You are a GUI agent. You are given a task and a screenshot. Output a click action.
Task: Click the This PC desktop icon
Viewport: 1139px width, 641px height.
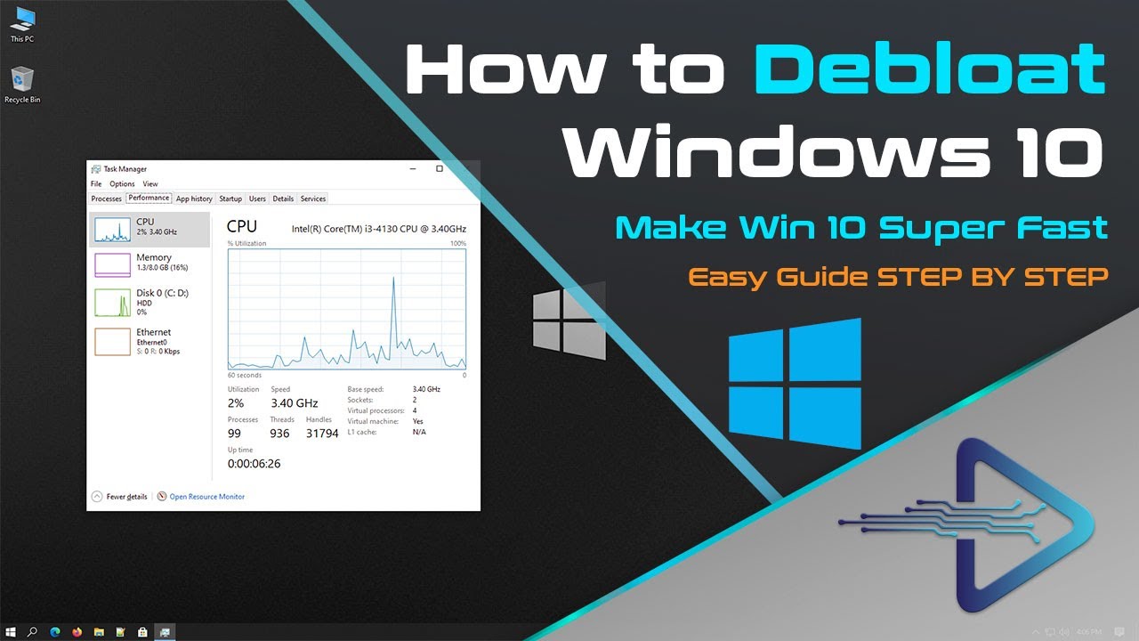pos(22,21)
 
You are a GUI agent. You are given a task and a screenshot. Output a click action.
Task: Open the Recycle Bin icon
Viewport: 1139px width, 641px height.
pos(22,82)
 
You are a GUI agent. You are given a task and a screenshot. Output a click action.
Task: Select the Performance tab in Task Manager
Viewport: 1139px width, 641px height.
pos(149,199)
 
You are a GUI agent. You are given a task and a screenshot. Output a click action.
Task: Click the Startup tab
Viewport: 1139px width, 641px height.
pos(230,199)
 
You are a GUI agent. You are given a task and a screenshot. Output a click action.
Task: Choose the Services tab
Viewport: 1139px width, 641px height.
pos(312,199)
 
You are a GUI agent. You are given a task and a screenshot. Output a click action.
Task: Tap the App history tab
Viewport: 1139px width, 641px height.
pos(194,199)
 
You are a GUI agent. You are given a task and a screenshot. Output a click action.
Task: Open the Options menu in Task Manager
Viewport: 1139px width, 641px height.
pos(122,184)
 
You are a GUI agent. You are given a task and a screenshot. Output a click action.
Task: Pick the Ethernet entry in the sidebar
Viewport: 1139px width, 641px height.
pos(149,340)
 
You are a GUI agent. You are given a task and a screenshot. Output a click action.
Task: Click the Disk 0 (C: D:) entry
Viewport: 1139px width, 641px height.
pos(149,301)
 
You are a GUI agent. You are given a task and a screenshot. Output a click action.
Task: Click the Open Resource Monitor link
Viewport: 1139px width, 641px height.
pos(206,497)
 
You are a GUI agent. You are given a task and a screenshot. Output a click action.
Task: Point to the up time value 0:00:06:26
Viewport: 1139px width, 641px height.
pos(254,464)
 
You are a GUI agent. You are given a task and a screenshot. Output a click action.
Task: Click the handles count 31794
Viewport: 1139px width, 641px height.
pos(322,434)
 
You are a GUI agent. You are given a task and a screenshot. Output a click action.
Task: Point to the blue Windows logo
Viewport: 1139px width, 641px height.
pos(795,384)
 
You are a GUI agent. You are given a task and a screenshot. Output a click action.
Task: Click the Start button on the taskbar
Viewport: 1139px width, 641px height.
pos(11,632)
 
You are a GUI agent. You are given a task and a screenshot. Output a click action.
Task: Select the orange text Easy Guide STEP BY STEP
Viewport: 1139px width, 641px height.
pos(898,277)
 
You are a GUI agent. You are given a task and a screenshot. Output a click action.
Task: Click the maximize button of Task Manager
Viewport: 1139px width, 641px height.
pos(440,168)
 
